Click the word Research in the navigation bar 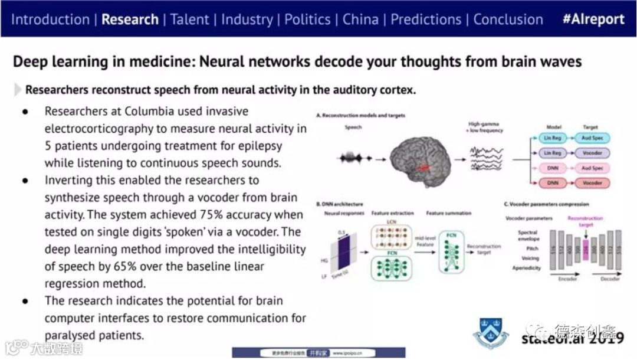[x=130, y=19]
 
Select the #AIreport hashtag [x=593, y=19]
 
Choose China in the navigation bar [x=360, y=19]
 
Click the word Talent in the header [x=189, y=19]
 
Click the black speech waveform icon [x=356, y=158]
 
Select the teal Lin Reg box [x=553, y=138]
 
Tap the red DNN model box [x=553, y=184]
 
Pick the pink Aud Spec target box [x=592, y=169]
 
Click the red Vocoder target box [x=592, y=184]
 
